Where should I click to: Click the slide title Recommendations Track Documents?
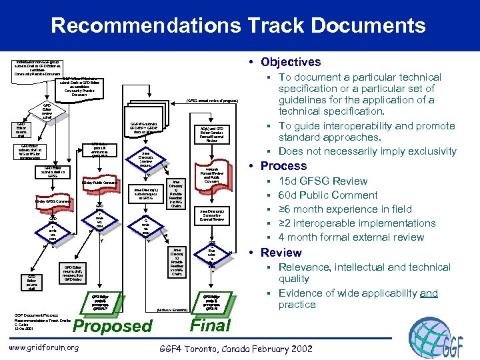tap(238, 26)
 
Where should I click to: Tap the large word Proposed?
tap(112, 326)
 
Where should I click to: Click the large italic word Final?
tap(211, 325)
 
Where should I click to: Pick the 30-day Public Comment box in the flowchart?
tap(99, 182)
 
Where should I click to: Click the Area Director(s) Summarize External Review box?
tap(211, 215)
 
